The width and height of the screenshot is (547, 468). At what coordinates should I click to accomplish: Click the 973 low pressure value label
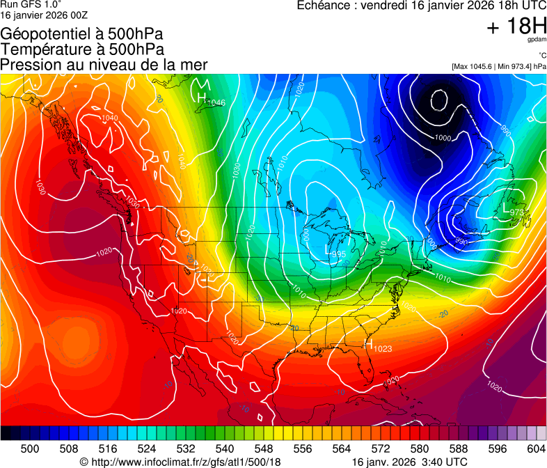coord(517,212)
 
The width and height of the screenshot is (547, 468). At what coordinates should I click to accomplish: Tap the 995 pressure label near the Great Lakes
coord(338,254)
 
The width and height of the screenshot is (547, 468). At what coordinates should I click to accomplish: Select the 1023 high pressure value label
coord(383,348)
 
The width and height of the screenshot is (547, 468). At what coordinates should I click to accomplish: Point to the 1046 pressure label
coord(216,103)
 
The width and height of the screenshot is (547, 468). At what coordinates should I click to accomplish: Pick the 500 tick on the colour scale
coord(30,448)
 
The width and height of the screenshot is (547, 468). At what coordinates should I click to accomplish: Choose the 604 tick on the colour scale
coord(535,448)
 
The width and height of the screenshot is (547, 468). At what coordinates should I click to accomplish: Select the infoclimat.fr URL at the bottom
coord(186,462)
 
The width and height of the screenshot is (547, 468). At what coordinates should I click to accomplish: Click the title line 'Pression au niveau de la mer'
coord(104,65)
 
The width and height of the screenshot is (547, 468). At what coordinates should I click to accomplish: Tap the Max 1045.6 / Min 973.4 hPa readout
coord(499,66)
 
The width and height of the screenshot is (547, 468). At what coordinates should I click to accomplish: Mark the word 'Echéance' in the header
coord(322,6)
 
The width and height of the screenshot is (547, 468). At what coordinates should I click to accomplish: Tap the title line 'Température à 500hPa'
coord(82,49)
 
